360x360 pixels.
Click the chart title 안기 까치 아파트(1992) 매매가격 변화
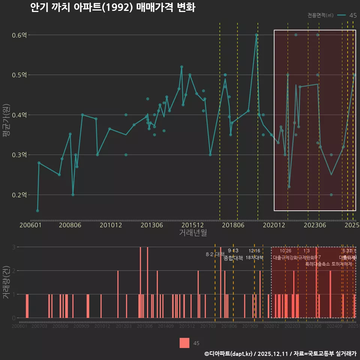coord(112,8)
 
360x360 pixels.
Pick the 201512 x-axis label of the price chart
coord(192,225)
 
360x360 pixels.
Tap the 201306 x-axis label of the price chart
coord(152,225)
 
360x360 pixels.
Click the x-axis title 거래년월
coord(193,233)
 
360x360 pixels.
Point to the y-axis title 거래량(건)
coord(6,282)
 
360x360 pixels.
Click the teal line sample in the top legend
coord(341,15)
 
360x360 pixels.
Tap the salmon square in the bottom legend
coord(184,343)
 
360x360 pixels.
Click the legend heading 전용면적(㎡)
coord(320,15)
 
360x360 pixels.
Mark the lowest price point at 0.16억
coord(37,211)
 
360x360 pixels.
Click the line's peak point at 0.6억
coord(256,35)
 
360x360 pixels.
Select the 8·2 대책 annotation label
coord(215,254)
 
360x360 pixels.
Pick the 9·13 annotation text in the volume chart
coord(233,250)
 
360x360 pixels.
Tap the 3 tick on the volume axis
coord(13,247)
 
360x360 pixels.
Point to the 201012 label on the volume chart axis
coord(102,327)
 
